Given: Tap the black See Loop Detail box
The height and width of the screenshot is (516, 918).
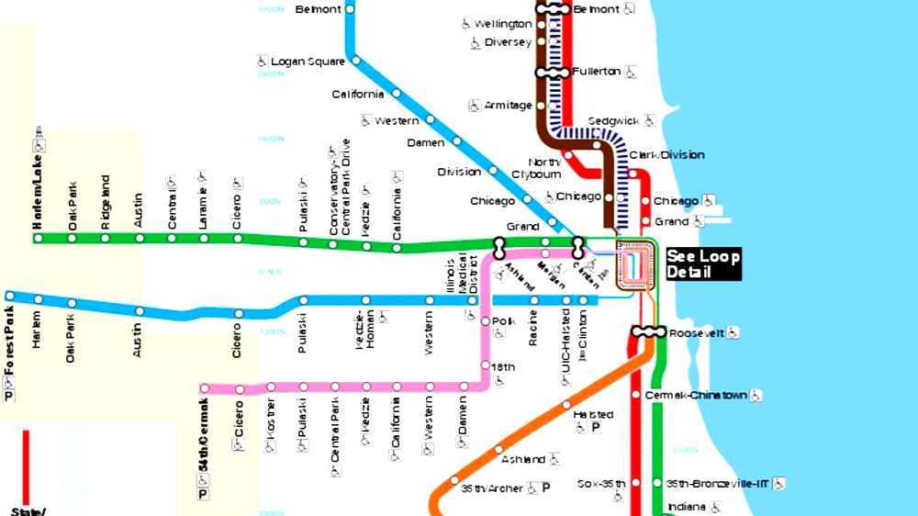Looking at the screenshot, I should [x=702, y=264].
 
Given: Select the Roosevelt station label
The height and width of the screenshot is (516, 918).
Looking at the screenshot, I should [x=697, y=332].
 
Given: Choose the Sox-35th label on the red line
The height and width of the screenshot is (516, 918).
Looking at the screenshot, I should [x=602, y=483].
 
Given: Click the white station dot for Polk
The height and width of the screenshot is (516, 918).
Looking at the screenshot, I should [x=486, y=321].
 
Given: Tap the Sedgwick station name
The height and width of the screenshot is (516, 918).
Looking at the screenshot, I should [x=612, y=120].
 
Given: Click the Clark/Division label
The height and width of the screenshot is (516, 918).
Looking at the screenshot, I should [x=666, y=154].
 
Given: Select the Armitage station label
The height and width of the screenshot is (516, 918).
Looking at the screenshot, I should [x=508, y=106].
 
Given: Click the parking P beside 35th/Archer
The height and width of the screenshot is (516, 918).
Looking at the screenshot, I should [x=545, y=488].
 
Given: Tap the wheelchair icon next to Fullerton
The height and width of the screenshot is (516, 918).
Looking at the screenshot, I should [x=631, y=72].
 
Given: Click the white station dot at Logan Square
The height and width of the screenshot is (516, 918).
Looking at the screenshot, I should [x=355, y=62].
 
